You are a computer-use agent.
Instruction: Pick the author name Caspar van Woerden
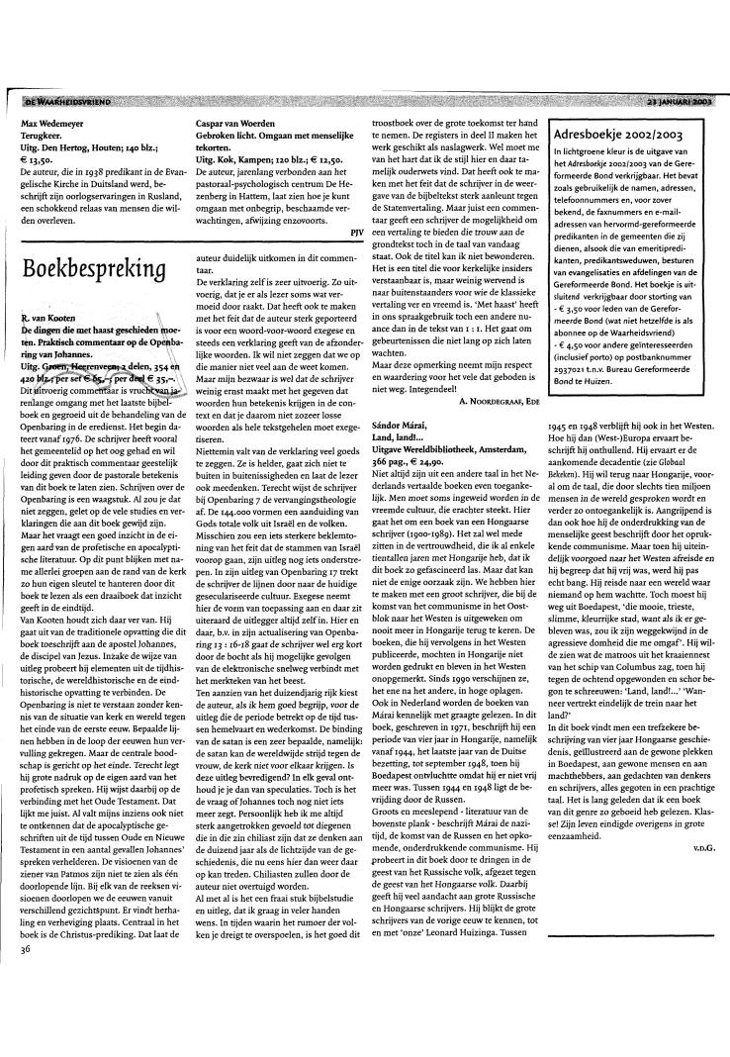[x=239, y=125]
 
